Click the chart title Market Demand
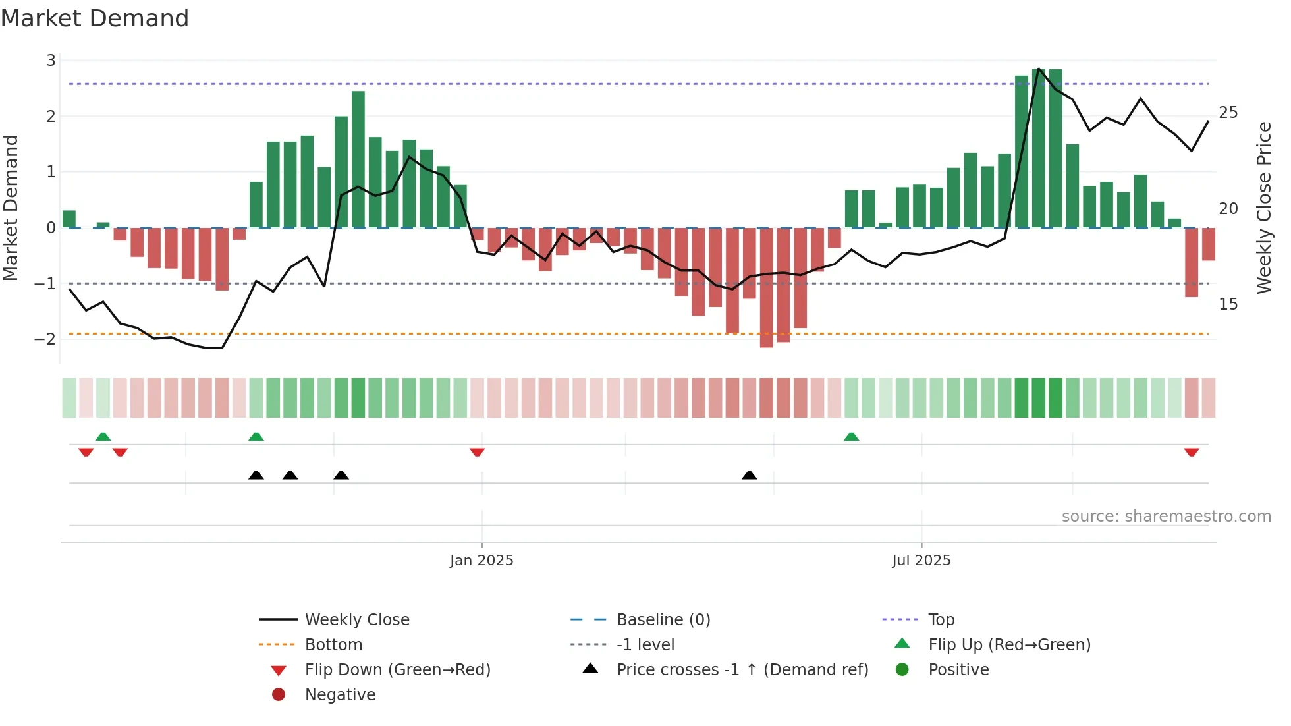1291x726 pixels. pos(95,18)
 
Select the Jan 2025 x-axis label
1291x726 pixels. pos(481,561)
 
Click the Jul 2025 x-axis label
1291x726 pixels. pos(921,561)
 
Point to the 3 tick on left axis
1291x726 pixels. pos(51,61)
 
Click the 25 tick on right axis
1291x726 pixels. pos(1228,113)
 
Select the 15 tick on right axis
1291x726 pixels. pos(1228,304)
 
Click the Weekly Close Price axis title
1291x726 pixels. pos(1263,208)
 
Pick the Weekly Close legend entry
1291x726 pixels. pos(356,620)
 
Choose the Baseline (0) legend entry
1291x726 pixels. pos(663,620)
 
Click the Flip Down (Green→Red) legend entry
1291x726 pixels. pos(397,670)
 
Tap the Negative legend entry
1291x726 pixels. pos(340,695)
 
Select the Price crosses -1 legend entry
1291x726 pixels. pos(742,670)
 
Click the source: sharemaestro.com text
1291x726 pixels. pos(1166,517)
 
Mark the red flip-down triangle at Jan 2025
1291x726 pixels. pos(478,452)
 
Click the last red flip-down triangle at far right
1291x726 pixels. pos(1191,452)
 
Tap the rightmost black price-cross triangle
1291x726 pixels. pos(749,475)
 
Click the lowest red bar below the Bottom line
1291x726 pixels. pos(766,287)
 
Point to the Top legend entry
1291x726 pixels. pos(941,620)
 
